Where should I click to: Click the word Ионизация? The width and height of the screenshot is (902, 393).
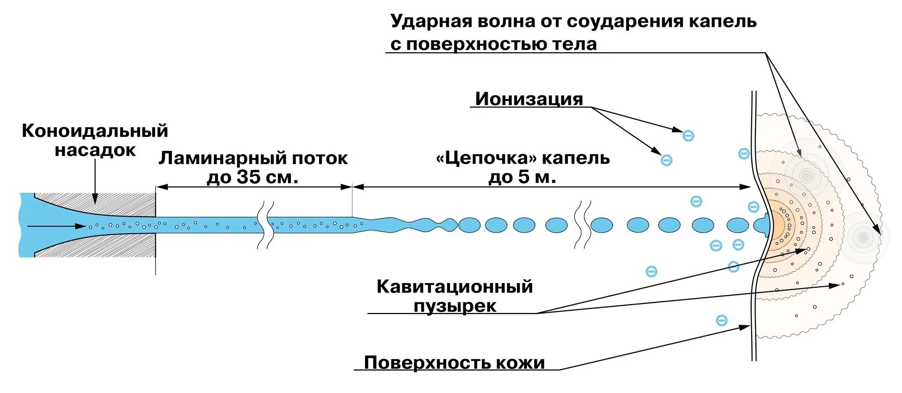(529, 99)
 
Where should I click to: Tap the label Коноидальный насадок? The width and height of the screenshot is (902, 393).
(95, 140)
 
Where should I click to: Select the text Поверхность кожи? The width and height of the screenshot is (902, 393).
(454, 362)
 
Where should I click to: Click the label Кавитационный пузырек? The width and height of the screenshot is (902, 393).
(454, 296)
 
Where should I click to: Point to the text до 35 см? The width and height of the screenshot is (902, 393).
(252, 177)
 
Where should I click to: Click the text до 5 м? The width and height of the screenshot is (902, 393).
(522, 177)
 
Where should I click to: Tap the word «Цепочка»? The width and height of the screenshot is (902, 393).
(486, 158)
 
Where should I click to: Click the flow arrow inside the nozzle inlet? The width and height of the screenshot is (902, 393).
(56, 227)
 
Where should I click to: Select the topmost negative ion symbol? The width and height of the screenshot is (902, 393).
(688, 136)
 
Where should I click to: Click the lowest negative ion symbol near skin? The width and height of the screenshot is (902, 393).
(722, 321)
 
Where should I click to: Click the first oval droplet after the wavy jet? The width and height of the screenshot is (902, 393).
(469, 225)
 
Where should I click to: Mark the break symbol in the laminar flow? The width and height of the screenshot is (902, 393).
(264, 225)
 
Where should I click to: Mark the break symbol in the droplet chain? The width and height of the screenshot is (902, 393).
(583, 225)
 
